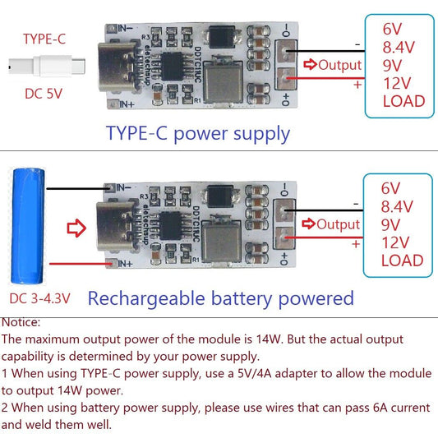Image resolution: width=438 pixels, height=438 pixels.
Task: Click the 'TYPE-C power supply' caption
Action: [x=197, y=133]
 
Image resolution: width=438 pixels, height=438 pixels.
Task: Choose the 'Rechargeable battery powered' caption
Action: [x=220, y=297]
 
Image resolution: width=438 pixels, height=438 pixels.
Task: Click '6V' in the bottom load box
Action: [x=392, y=188]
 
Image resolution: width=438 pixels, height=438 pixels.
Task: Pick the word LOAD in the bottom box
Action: [x=403, y=260]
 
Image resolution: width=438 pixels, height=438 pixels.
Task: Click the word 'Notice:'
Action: [x=21, y=323]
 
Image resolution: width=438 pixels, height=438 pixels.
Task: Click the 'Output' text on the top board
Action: [x=339, y=65]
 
